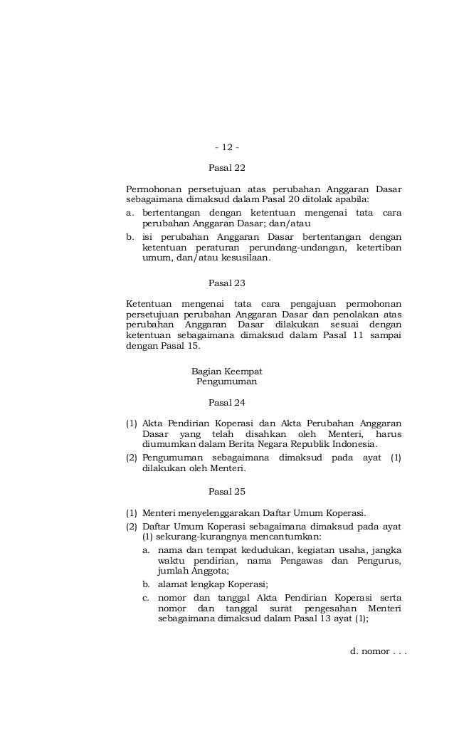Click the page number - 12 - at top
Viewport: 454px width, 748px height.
pos(226,147)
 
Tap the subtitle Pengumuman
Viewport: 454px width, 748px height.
pos(226,381)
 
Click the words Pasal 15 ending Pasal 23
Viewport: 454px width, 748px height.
pos(182,347)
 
